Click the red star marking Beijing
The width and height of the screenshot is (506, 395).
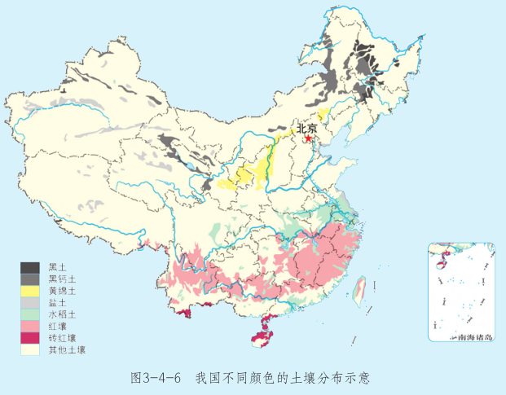[x=308, y=138]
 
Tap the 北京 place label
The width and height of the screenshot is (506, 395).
[x=306, y=128]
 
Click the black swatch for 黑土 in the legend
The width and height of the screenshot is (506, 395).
[x=30, y=267]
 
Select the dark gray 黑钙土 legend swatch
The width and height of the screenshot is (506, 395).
[x=30, y=279]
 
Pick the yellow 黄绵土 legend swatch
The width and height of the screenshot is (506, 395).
[x=30, y=291]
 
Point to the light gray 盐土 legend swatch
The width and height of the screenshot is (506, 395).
[x=30, y=302]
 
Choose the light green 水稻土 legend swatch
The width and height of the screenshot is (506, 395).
[x=30, y=314]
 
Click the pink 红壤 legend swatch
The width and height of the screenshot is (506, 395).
[x=30, y=326]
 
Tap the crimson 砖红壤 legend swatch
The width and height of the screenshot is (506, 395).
[x=30, y=337]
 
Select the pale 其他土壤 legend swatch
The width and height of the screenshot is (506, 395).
[x=30, y=349]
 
